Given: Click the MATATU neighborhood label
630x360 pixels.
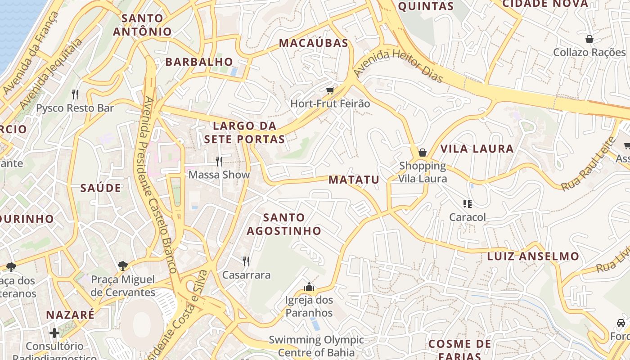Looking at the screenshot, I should [x=354, y=180].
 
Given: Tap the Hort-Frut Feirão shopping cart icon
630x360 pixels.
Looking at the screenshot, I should [x=331, y=91].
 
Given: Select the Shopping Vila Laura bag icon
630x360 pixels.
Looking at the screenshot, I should [x=423, y=153].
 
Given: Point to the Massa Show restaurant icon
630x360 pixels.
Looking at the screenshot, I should [x=219, y=161].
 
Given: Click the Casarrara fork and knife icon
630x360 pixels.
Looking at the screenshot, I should [x=246, y=261].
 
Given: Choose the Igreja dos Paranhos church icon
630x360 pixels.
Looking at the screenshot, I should [x=309, y=287].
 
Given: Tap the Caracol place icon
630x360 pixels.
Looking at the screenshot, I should [x=468, y=204].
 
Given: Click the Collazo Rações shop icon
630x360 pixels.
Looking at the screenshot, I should [x=589, y=39].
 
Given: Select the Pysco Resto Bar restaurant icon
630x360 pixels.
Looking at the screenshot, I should [x=75, y=94].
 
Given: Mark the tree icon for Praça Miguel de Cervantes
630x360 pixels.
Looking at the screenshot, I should [x=122, y=266].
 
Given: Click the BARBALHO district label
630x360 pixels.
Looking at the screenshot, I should [x=199, y=62].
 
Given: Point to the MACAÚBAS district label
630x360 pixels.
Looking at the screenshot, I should [x=314, y=43].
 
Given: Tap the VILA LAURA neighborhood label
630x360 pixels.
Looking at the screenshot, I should [x=477, y=149].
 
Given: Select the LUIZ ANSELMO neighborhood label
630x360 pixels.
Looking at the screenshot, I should [x=533, y=256].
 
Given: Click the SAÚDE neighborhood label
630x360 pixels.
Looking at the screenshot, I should [x=101, y=188].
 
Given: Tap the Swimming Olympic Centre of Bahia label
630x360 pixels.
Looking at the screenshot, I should [x=316, y=346].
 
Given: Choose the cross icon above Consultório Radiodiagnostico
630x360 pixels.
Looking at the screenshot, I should [x=54, y=333].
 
